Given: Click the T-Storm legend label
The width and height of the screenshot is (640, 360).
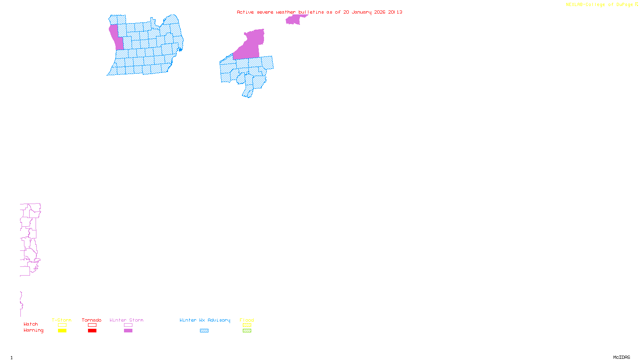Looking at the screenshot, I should click(x=62, y=320).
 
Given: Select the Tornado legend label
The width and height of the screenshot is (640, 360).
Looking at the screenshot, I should click(x=92, y=320).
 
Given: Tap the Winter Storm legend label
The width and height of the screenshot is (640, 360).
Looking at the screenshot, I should click(x=126, y=320).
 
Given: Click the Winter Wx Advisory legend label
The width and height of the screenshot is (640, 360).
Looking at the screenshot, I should click(x=205, y=320).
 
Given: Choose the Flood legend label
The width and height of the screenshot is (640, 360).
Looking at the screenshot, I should click(x=247, y=320).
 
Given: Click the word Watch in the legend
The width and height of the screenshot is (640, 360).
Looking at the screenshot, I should click(x=31, y=324).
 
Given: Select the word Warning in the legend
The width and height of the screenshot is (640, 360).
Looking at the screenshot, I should click(x=33, y=330).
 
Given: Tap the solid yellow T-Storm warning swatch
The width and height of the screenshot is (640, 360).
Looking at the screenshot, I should click(x=62, y=331).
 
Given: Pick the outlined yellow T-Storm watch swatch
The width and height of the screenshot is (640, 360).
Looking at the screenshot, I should click(x=62, y=325).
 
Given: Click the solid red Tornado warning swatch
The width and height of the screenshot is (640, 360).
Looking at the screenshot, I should click(x=92, y=331).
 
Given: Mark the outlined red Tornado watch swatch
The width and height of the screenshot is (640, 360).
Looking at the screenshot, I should click(x=92, y=325).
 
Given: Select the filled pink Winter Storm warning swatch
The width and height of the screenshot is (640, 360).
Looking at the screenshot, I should click(x=128, y=331).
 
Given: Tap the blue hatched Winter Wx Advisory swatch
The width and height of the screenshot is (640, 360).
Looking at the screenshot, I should click(x=204, y=331).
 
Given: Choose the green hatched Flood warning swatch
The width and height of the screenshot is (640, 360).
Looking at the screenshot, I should click(x=247, y=331).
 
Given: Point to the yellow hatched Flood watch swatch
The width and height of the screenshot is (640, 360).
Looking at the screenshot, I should click(x=247, y=325).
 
